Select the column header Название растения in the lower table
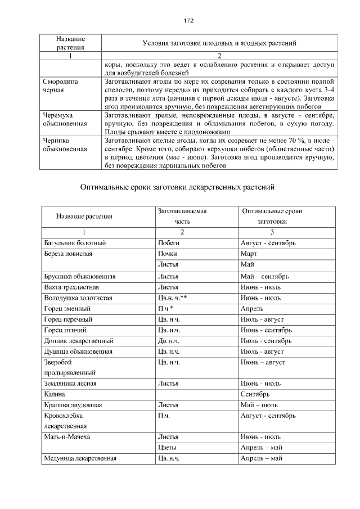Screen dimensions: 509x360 pos(84,217)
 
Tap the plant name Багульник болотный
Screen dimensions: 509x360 pos(75,244)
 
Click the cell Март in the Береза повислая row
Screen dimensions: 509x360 pos(248,254)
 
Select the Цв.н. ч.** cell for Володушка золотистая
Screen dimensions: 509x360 pos(173,298)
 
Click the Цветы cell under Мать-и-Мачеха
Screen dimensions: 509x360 pos(168,448)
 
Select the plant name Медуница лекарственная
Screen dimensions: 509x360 pos(80,458)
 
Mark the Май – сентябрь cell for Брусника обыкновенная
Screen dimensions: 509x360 pos(264,276)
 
